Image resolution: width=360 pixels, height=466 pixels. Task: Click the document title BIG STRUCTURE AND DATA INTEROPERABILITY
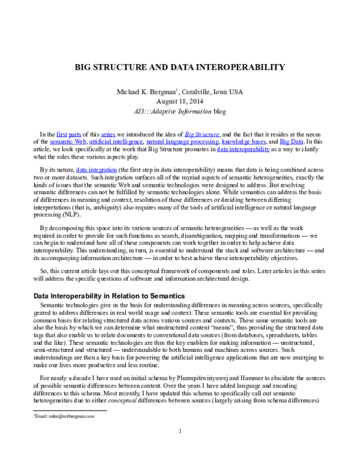179,67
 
